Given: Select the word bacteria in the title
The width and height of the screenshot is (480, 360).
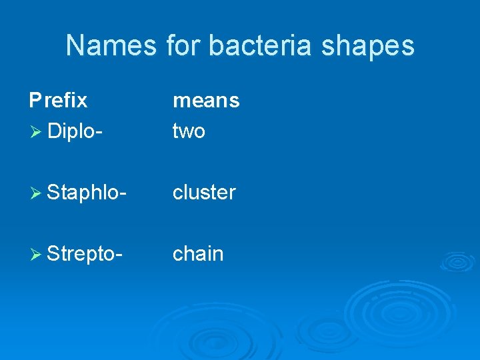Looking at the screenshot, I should pos(266,46).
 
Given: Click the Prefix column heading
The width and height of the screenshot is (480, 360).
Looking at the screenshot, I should pos(58,100).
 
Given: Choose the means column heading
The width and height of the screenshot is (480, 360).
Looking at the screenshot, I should pos(206,101).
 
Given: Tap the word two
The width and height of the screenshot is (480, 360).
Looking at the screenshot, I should pos(189,131).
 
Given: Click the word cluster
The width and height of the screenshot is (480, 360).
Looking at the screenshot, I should pos(204,193).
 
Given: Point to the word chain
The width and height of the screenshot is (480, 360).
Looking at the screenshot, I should pos(198,253).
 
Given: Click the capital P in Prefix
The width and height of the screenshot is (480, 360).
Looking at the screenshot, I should pos(35,100).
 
